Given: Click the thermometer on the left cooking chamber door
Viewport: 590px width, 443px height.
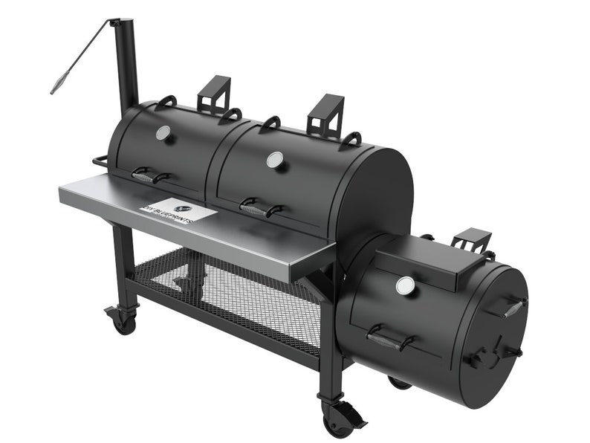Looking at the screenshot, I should (163, 133).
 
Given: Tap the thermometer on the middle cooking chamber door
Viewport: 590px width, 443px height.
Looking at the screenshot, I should (275, 159).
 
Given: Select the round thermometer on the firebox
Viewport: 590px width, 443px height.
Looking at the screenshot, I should (405, 285).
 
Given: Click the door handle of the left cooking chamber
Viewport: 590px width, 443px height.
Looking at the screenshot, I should (150, 175).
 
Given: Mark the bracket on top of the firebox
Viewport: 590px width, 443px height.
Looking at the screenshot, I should (472, 240).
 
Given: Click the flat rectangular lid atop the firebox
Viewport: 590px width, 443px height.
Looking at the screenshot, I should (428, 262).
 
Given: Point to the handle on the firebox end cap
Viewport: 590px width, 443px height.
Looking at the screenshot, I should (513, 306).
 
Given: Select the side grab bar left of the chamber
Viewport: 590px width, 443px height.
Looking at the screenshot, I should (102, 161).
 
